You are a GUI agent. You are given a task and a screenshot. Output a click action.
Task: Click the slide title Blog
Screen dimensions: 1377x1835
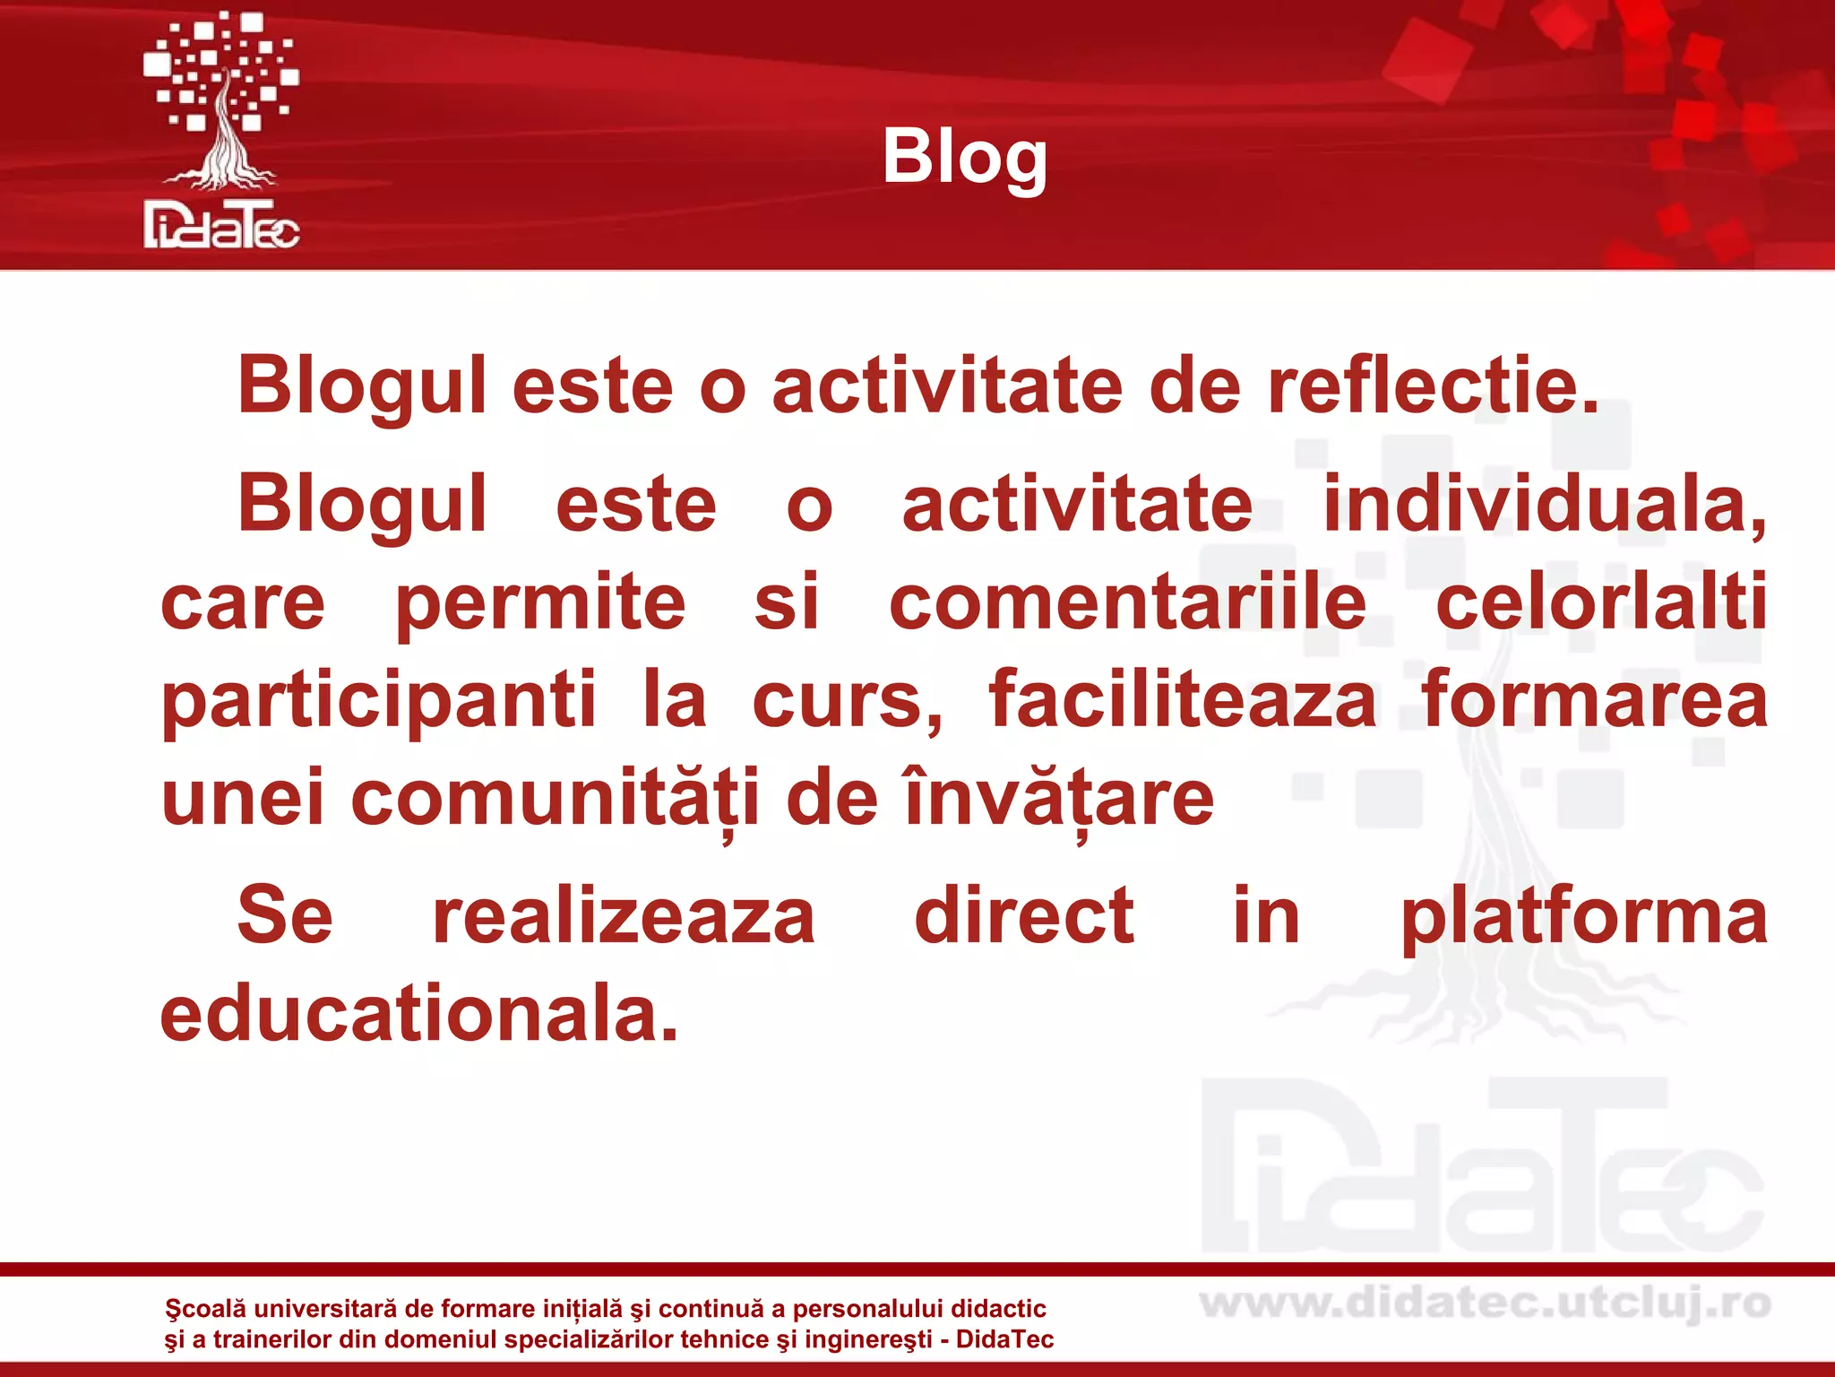tap(964, 158)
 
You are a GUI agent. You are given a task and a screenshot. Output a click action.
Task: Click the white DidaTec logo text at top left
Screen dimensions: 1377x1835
tap(221, 225)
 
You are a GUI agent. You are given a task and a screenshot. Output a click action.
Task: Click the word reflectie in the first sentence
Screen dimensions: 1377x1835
tap(1433, 386)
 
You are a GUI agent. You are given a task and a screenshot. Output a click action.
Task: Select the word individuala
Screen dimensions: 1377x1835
tap(1544, 505)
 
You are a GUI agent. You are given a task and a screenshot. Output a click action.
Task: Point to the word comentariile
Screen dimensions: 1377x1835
tap(1127, 602)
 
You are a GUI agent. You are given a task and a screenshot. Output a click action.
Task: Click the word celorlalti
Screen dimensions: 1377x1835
tap(1601, 602)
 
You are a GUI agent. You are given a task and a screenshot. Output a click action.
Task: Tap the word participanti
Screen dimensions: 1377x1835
tap(378, 701)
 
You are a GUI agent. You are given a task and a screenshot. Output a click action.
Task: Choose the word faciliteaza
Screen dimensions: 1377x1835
tap(1183, 701)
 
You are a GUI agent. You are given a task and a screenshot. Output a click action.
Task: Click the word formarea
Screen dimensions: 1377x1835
tap(1595, 701)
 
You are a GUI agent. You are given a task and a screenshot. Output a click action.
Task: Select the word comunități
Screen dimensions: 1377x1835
tap(556, 800)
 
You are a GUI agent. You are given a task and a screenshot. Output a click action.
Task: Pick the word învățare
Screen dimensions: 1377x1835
tap(1059, 800)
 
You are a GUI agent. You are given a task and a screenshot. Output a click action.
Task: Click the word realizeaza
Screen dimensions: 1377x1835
tap(624, 916)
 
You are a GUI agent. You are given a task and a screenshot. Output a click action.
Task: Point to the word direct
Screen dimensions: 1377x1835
tap(1024, 916)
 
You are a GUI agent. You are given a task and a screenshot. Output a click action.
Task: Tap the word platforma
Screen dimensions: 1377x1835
tap(1584, 916)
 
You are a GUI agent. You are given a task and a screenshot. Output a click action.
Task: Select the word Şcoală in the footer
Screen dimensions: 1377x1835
tap(204, 1310)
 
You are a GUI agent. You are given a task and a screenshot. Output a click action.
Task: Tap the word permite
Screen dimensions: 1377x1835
tap(540, 602)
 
